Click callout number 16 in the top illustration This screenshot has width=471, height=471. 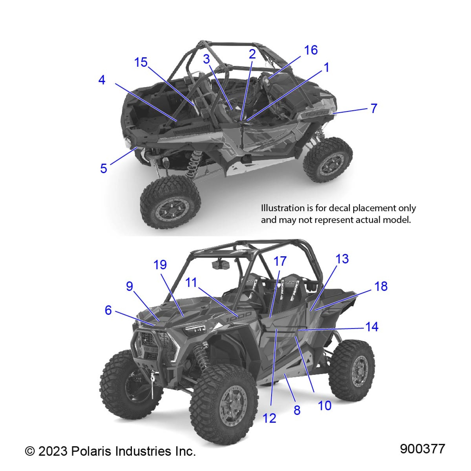[311, 50]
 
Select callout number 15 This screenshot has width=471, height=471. [141, 62]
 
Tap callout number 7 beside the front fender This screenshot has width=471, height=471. [374, 108]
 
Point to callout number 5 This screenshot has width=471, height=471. [103, 168]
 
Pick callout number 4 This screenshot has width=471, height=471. [102, 80]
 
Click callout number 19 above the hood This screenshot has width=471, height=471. [160, 265]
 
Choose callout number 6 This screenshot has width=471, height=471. [108, 310]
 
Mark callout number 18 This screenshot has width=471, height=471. [381, 286]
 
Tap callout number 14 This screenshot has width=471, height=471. [372, 327]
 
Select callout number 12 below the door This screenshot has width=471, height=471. [269, 418]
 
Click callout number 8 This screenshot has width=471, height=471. [297, 410]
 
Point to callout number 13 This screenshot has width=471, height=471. [342, 259]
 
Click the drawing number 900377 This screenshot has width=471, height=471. [422, 449]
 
